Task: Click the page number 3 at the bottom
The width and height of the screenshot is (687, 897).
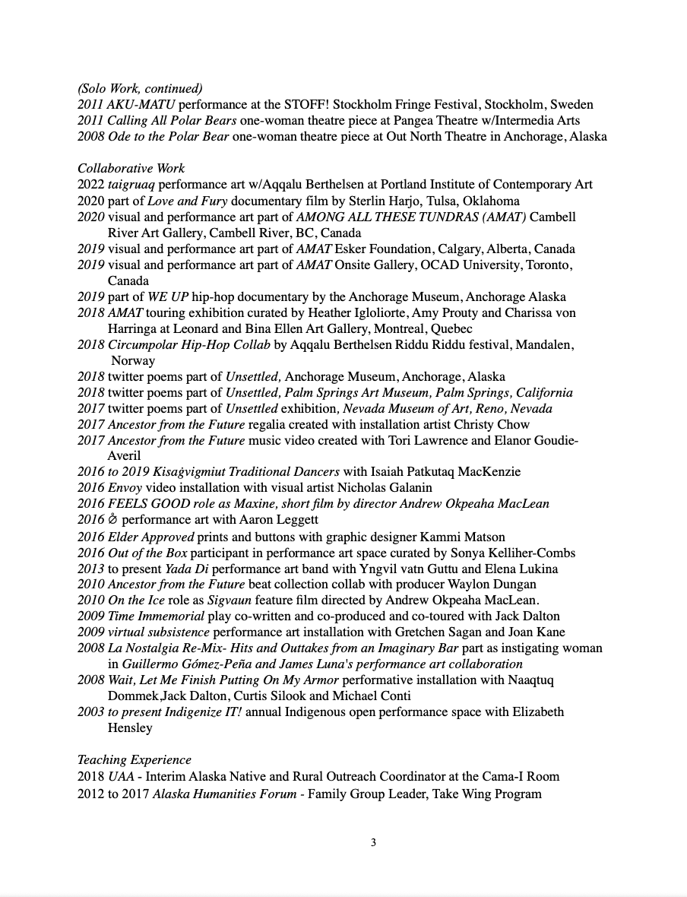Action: click(373, 842)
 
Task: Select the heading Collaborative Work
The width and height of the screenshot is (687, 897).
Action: click(131, 169)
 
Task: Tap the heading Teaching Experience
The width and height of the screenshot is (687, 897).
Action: click(135, 760)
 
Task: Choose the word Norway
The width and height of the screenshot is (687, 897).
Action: click(133, 360)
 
